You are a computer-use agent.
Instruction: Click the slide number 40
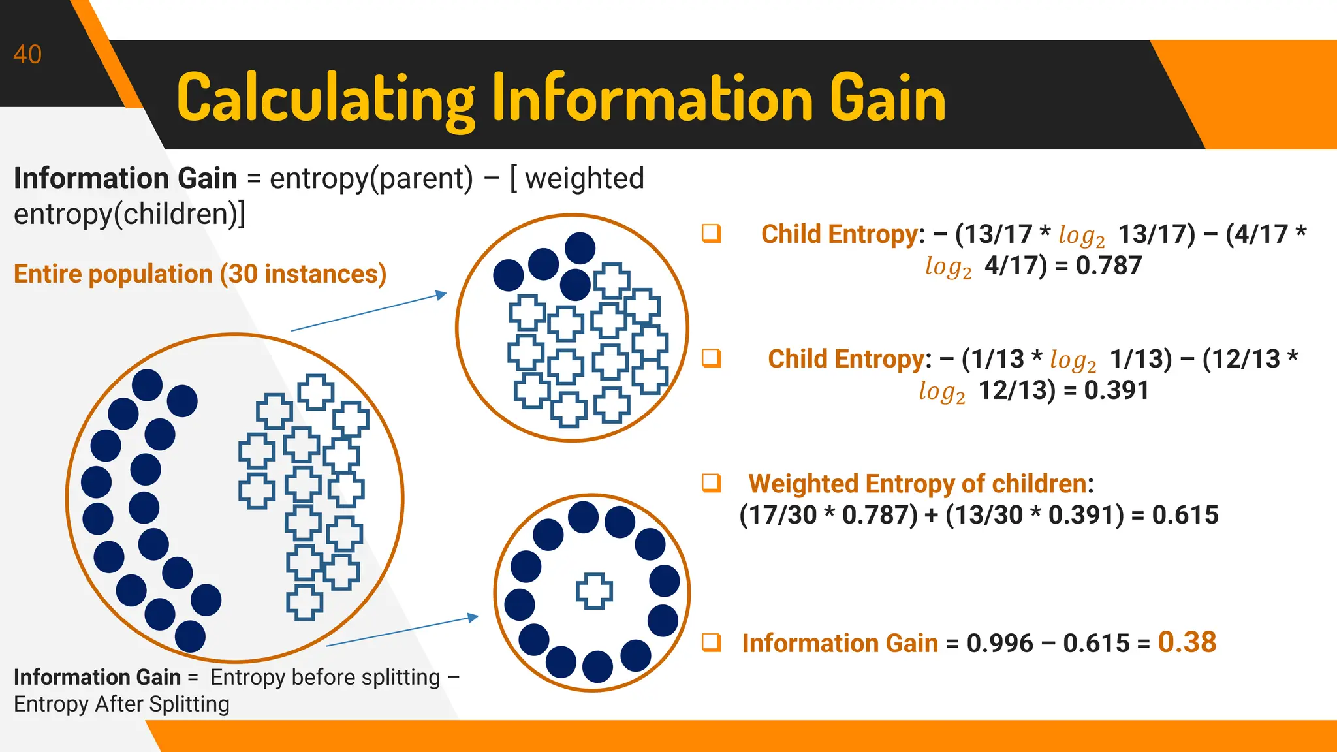(27, 55)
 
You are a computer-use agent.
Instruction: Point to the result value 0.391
(1116, 390)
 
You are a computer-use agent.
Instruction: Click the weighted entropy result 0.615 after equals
(1185, 515)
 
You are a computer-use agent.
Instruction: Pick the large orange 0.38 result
(1187, 642)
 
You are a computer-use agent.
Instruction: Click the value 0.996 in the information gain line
(999, 644)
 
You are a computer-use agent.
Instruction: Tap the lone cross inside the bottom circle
(594, 591)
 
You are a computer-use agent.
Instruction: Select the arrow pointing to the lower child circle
(402, 631)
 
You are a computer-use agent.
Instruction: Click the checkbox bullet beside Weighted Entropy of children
(712, 483)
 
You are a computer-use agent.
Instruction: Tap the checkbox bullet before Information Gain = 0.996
(712, 642)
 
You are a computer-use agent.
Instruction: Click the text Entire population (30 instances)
(200, 274)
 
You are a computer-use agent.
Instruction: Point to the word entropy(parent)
(371, 178)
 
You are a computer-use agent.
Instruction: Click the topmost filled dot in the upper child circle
(580, 248)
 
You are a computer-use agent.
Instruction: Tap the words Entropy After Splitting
(121, 704)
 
